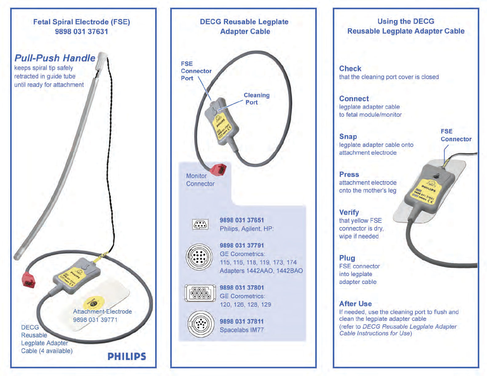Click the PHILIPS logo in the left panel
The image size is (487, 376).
point(127,356)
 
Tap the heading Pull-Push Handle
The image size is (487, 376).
point(55,58)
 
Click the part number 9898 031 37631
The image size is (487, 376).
point(82,31)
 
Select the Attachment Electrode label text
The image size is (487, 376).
point(102,311)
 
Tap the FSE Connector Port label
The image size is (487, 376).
point(196,71)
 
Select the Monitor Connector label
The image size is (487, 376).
point(200,180)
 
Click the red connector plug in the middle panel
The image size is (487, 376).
point(218,170)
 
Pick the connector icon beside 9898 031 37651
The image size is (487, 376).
point(200,224)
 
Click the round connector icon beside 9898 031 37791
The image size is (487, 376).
point(199,257)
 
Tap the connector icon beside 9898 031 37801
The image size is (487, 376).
point(200,293)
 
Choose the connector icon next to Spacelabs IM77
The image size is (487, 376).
point(201,324)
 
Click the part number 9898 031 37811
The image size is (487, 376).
point(242,321)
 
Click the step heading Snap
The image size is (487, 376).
point(348,136)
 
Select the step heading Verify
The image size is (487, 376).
point(349,212)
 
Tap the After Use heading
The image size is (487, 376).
point(355,304)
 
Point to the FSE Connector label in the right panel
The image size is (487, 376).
point(456,135)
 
